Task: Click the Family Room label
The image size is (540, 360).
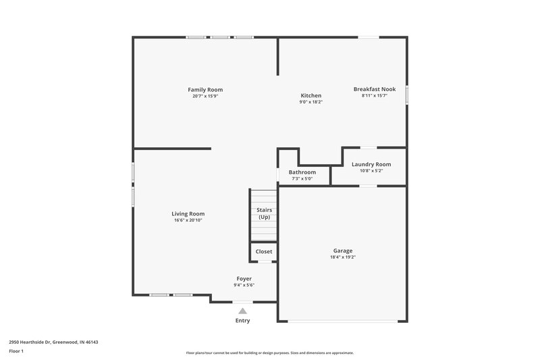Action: (x=205, y=90)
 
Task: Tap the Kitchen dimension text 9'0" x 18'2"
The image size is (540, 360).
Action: (x=310, y=102)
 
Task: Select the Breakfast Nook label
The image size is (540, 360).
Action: (x=375, y=89)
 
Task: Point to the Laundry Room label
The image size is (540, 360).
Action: (x=371, y=164)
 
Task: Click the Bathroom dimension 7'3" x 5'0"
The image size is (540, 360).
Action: (x=302, y=179)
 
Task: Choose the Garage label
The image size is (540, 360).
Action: (x=342, y=251)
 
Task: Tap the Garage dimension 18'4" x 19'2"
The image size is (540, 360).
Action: (x=342, y=257)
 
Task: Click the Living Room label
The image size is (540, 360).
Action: (x=188, y=213)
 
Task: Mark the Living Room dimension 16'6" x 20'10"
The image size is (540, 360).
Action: (x=188, y=220)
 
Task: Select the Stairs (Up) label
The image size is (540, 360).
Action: (x=264, y=213)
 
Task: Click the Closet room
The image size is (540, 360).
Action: (x=264, y=251)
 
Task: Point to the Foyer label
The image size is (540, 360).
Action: (x=244, y=278)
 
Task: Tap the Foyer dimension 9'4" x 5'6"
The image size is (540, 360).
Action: (x=244, y=285)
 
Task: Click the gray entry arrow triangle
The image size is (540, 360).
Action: (x=243, y=311)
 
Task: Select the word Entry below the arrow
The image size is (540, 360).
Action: (x=242, y=321)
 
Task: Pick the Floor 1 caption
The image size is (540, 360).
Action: (x=16, y=352)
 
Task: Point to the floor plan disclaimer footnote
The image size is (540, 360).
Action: (x=270, y=353)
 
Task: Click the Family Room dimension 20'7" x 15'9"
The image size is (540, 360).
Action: (x=205, y=96)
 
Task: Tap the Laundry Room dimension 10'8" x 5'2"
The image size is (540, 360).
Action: (x=371, y=171)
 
